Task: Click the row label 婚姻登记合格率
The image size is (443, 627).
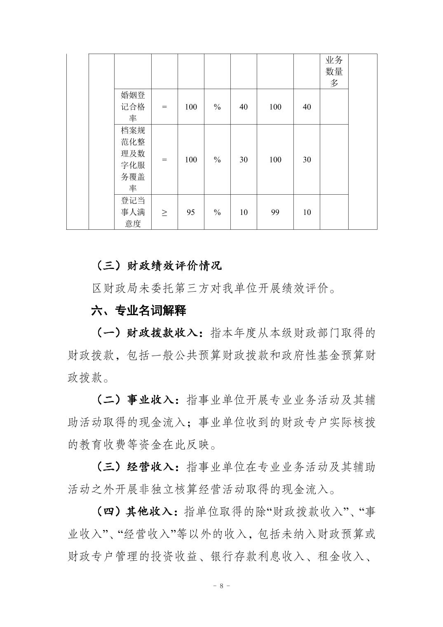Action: (x=133, y=107)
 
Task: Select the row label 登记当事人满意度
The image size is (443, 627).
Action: (x=133, y=212)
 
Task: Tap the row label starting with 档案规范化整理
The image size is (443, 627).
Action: (x=133, y=160)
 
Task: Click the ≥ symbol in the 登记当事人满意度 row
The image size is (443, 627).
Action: (x=164, y=212)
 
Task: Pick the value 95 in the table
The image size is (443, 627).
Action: (x=191, y=212)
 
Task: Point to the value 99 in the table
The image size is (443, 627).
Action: (x=275, y=212)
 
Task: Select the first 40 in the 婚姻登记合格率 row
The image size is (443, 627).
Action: (x=244, y=107)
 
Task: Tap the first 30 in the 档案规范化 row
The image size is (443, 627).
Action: (x=244, y=160)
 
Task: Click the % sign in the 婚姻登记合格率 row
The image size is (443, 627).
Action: (x=217, y=107)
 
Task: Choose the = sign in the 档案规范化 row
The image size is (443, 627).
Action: (x=164, y=160)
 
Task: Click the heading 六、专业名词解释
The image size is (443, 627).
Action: (x=139, y=310)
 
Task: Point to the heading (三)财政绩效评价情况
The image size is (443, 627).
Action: (x=158, y=265)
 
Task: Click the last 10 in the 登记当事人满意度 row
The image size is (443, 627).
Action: (x=307, y=212)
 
